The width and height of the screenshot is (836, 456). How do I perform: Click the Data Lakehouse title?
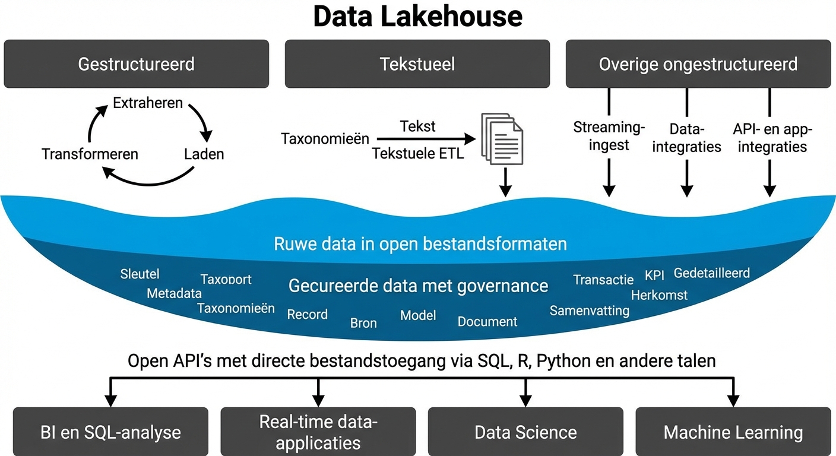(417, 17)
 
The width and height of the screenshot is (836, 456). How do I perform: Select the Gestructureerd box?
(136, 64)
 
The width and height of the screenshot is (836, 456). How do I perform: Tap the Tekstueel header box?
(417, 64)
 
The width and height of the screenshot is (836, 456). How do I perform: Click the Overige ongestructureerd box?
(698, 64)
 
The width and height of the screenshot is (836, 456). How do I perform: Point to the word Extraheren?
(148, 103)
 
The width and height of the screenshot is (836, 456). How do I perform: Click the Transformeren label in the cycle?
(90, 154)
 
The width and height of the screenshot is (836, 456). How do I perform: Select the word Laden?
(204, 154)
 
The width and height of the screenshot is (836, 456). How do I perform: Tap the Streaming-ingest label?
(609, 136)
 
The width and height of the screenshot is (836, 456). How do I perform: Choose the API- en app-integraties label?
(770, 138)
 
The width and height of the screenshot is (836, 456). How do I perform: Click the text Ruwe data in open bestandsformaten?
(420, 244)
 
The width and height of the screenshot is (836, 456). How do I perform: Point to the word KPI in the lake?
(654, 276)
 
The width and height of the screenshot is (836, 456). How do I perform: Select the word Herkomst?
(659, 295)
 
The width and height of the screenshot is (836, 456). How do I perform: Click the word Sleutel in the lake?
(140, 274)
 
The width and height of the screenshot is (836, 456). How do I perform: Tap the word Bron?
(363, 323)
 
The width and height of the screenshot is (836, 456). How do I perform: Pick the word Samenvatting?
(589, 311)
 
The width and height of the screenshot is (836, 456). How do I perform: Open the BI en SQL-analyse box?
(110, 432)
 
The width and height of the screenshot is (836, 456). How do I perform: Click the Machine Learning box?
(733, 432)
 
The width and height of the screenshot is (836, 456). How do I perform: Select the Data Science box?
(525, 432)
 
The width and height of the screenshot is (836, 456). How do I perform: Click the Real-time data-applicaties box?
(318, 432)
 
